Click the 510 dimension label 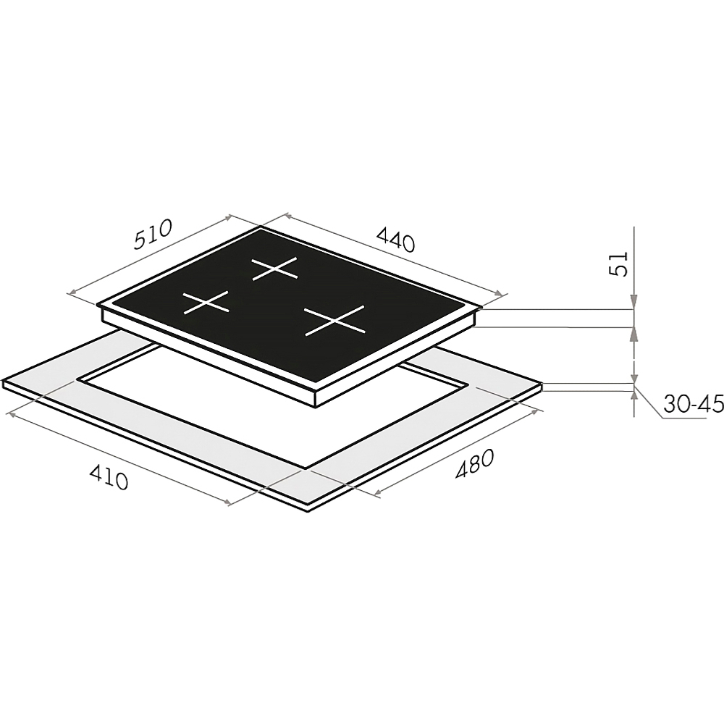(153, 234)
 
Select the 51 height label (619, 264)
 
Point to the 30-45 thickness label (693, 405)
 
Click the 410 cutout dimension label (108, 477)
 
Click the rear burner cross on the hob (274, 269)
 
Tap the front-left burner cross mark (206, 303)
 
